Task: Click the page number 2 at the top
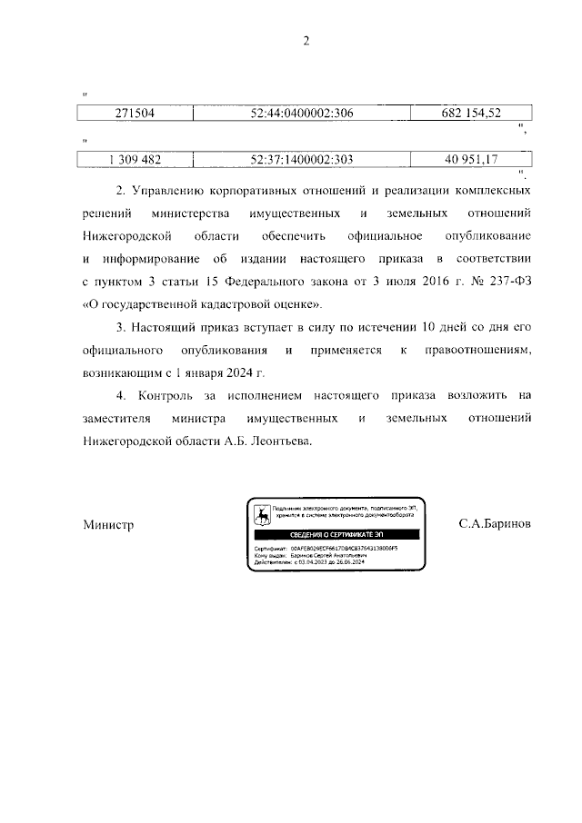306,40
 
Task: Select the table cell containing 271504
134,113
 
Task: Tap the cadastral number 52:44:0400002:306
301,113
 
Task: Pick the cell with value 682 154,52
470,113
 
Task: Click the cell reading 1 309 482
134,160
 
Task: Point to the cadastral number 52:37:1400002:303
301,160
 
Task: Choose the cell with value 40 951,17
470,160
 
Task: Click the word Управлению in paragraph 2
172,192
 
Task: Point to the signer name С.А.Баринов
496,525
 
